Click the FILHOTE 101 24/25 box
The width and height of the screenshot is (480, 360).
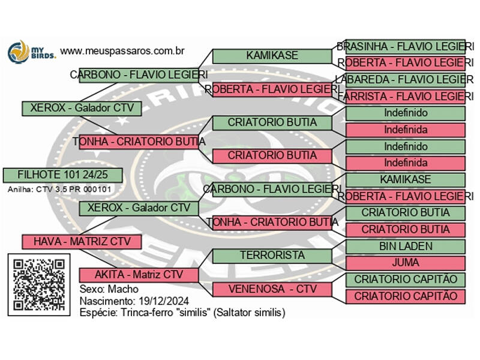pos(62,175)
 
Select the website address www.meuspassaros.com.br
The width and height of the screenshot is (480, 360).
pos(122,52)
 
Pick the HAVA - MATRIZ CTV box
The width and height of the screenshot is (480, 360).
pos(82,241)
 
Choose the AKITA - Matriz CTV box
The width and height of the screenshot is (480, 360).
pos(139,275)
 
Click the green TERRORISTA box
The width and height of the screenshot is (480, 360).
pos(272,255)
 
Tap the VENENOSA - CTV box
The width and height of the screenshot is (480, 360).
pos(272,289)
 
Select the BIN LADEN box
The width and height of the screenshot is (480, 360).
pos(406,246)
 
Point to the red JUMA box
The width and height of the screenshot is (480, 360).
pos(406,263)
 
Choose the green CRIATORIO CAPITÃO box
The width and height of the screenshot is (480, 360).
pos(406,280)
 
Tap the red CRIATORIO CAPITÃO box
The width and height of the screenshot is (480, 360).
pos(406,296)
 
